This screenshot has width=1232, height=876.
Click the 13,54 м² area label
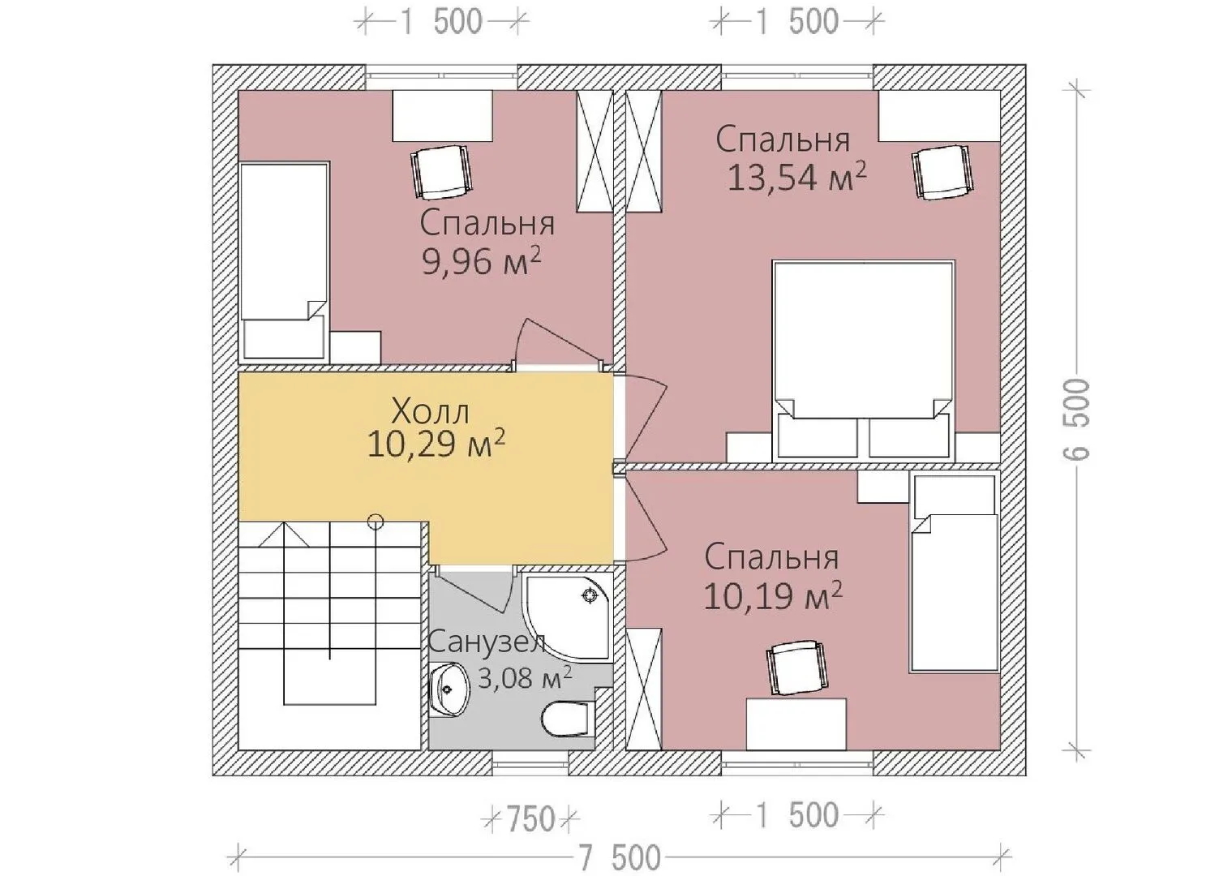tap(797, 177)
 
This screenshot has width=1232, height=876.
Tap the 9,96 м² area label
tap(481, 261)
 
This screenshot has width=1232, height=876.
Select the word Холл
tap(431, 410)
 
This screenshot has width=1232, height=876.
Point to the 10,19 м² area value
tap(773, 596)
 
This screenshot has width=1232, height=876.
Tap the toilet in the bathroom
tap(565, 719)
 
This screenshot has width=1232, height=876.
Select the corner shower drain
tap(590, 596)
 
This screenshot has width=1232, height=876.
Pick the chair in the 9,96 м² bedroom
tap(442, 172)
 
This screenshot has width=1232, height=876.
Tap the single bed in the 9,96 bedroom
tap(285, 260)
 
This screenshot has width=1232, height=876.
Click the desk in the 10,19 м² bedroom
tap(796, 724)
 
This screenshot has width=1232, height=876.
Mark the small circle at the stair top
tap(376, 521)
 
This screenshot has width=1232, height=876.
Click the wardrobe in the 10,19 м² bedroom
tap(644, 689)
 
